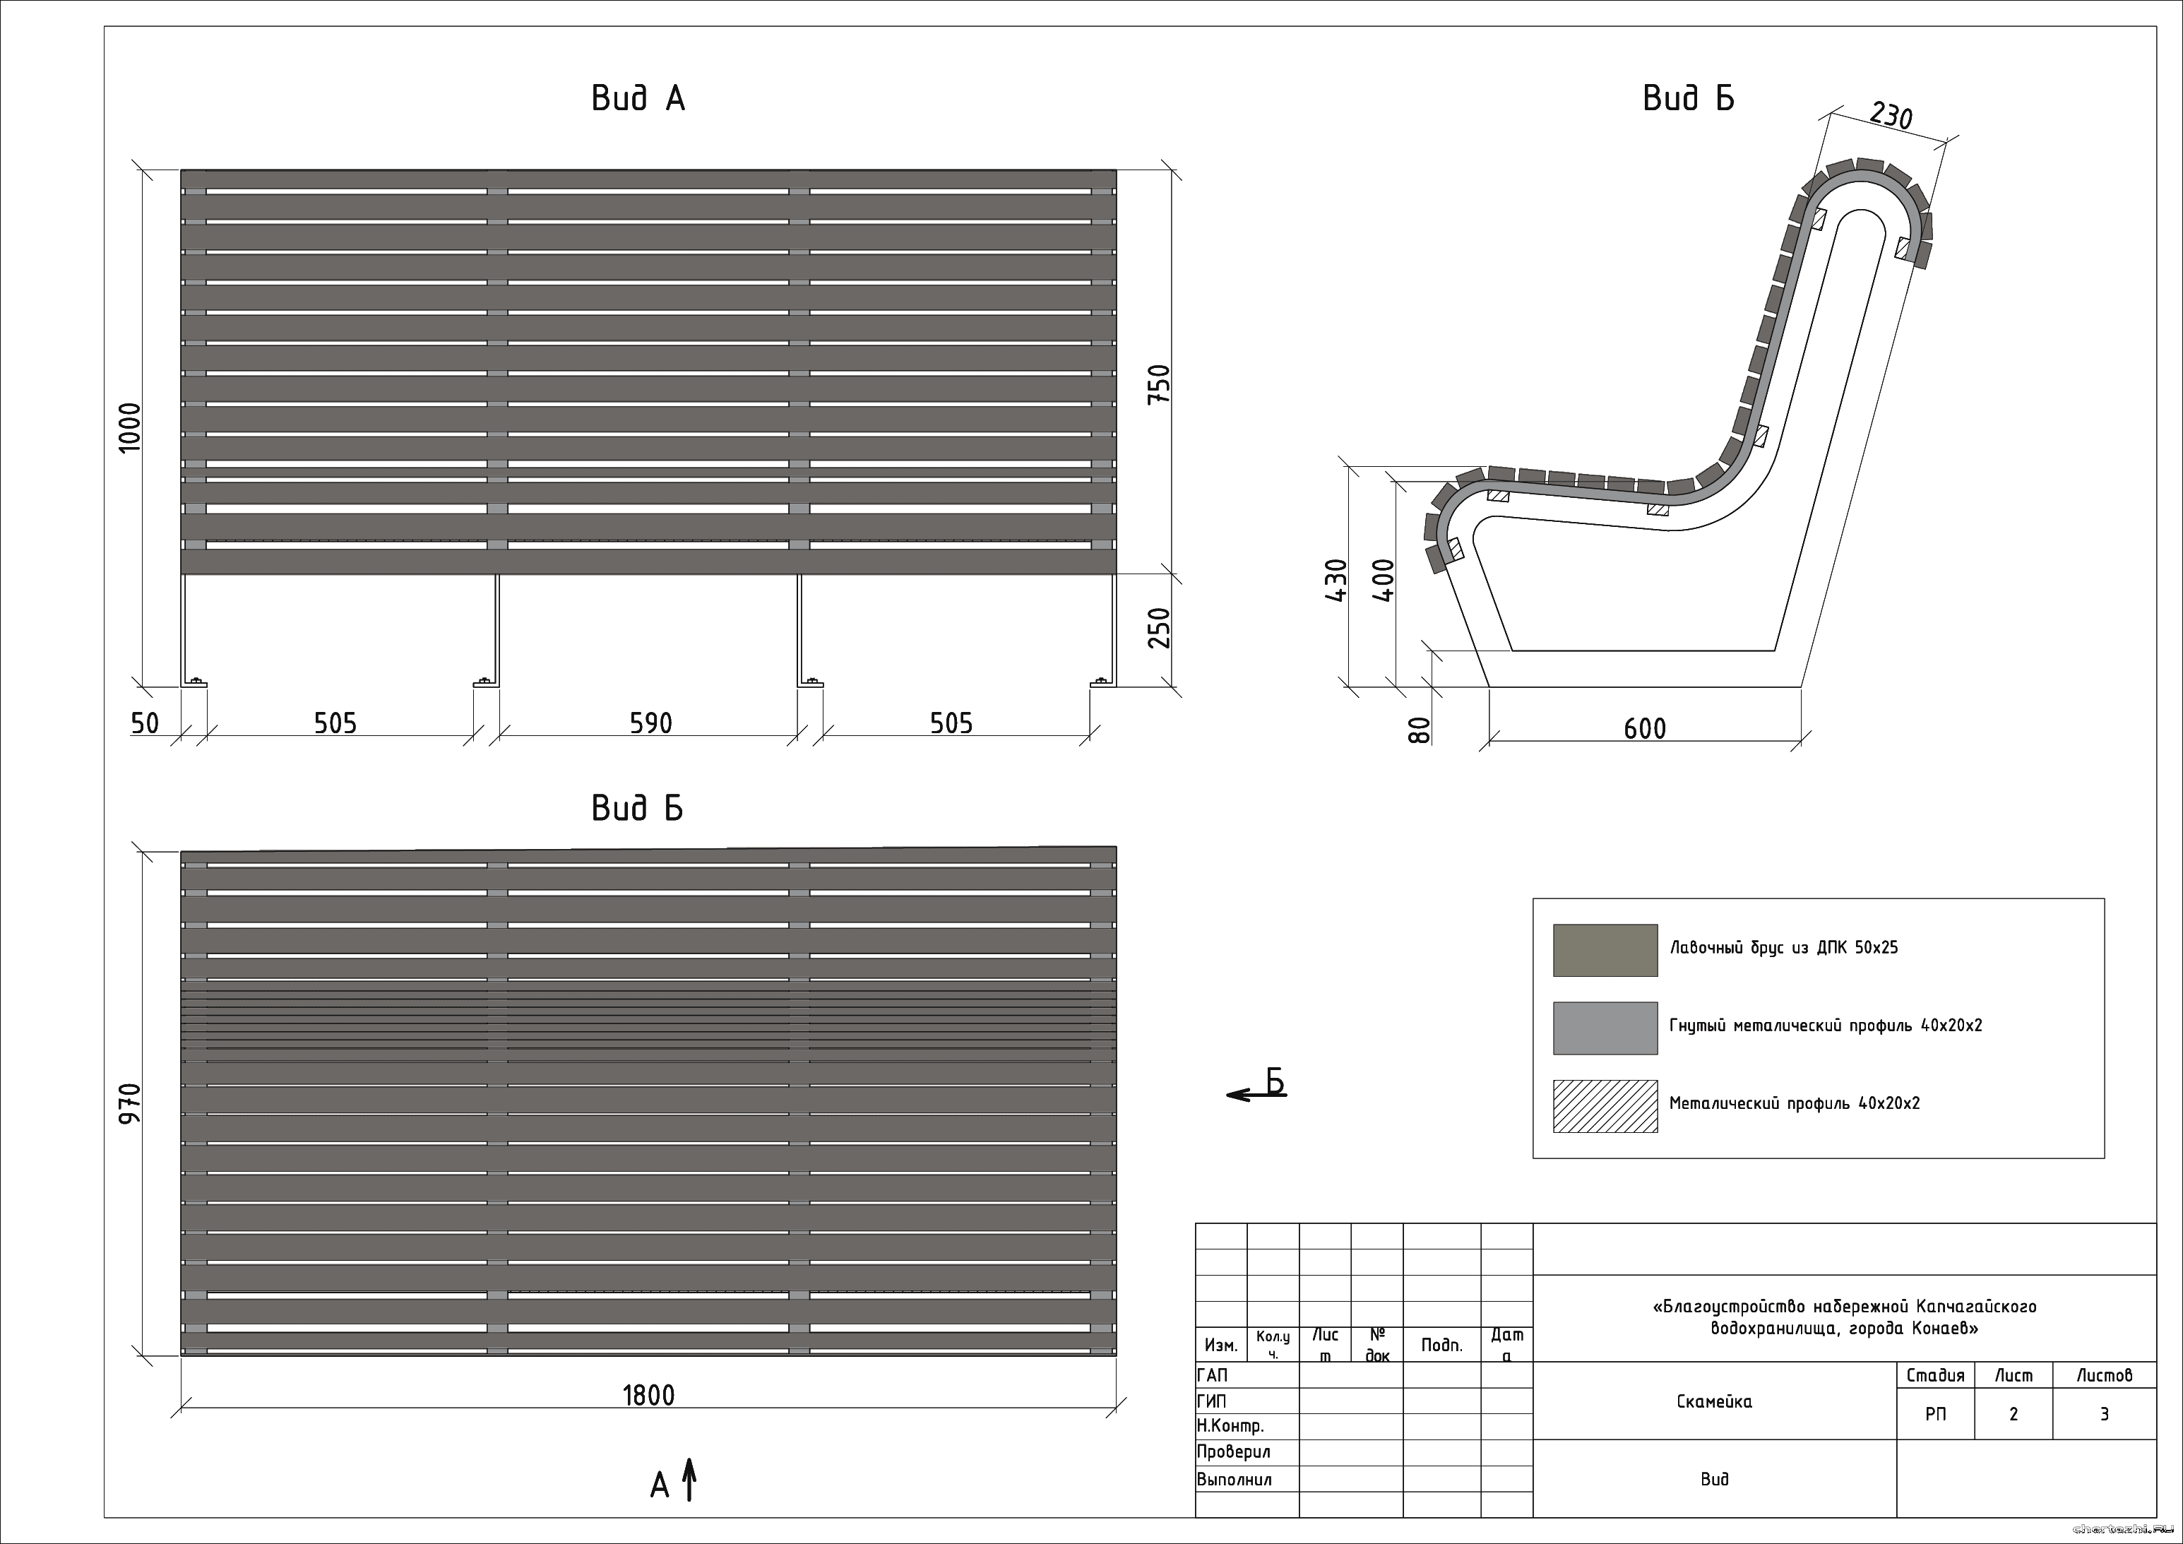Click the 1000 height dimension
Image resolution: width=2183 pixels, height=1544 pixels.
pyautogui.click(x=129, y=427)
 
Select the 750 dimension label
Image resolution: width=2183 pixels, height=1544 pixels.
pyautogui.click(x=1158, y=385)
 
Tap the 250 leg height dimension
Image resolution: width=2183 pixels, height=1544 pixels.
pyautogui.click(x=1158, y=627)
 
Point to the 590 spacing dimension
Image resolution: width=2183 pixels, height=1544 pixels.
pyautogui.click(x=650, y=723)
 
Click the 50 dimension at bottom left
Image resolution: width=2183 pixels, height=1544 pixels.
pyautogui.click(x=145, y=723)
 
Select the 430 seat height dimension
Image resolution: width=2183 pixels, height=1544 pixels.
pyautogui.click(x=1336, y=580)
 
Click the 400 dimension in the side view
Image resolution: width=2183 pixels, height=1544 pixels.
pyautogui.click(x=1384, y=580)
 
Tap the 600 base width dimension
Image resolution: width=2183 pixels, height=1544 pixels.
pyautogui.click(x=1645, y=729)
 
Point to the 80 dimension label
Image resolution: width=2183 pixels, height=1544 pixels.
pyautogui.click(x=1419, y=730)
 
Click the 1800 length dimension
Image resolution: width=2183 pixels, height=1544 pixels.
pyautogui.click(x=648, y=1396)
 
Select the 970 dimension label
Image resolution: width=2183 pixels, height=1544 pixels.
pyautogui.click(x=129, y=1103)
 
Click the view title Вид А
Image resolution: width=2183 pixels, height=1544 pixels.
pyautogui.click(x=638, y=98)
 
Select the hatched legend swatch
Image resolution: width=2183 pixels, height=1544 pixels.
pyautogui.click(x=1605, y=1105)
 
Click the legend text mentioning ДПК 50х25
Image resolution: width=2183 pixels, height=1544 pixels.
pyautogui.click(x=1784, y=948)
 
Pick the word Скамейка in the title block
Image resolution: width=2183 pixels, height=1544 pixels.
pyautogui.click(x=1714, y=1401)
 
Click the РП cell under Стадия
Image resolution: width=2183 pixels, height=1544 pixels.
pyautogui.click(x=1935, y=1414)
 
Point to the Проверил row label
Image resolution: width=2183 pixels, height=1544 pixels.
pyautogui.click(x=1233, y=1451)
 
